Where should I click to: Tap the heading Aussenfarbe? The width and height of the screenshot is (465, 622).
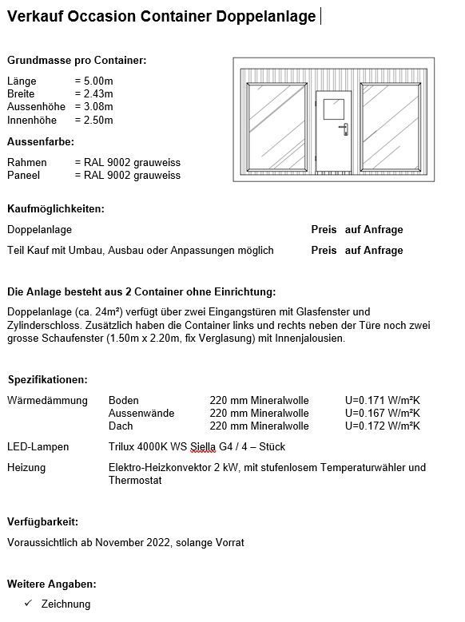tap(41, 141)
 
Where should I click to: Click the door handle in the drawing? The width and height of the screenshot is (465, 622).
tap(344, 128)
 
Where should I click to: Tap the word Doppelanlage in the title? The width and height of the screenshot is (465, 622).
tap(266, 16)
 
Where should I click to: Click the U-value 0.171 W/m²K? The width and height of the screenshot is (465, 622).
tap(382, 401)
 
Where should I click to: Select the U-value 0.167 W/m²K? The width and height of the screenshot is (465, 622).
tap(382, 414)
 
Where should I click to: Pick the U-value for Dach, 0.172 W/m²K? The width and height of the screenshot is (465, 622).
tap(382, 426)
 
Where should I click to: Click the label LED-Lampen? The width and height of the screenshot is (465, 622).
tap(38, 446)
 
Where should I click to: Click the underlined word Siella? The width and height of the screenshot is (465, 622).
tap(204, 446)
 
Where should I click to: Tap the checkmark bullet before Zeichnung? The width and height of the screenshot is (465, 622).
tap(29, 604)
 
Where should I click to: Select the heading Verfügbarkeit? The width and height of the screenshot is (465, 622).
tap(42, 521)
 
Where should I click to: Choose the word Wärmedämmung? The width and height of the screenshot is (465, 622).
tap(47, 401)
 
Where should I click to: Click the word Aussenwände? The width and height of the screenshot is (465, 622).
tap(141, 414)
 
